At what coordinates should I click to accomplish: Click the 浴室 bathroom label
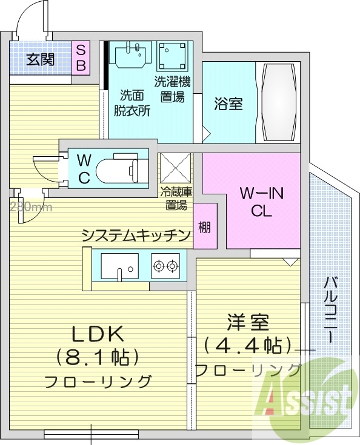(228, 104)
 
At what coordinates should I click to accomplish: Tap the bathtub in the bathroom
(278, 102)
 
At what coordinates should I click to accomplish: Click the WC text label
(84, 169)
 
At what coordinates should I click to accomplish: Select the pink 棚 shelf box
(205, 228)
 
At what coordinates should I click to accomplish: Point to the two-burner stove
(166, 265)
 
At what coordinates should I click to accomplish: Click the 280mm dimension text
(30, 207)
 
